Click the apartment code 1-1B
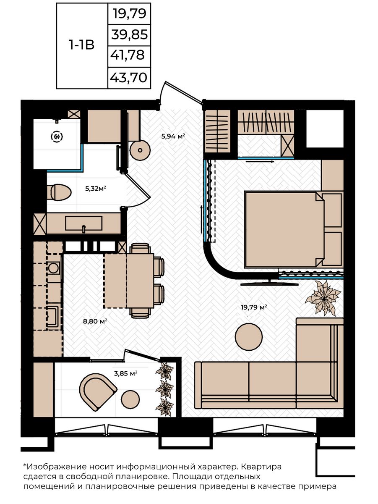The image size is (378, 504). (x=81, y=45)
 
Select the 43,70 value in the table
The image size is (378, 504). (x=129, y=77)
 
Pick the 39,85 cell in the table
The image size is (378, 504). (x=129, y=35)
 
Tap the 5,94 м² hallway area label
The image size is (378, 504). (x=173, y=136)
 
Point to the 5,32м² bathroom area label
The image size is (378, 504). (x=96, y=189)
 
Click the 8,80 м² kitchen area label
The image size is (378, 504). (x=95, y=321)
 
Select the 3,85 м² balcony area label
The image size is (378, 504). (x=126, y=373)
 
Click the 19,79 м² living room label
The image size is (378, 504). (x=254, y=307)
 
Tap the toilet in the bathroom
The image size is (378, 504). (x=59, y=192)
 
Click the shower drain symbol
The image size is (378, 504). (x=57, y=137)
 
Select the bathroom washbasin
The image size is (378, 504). (x=84, y=223)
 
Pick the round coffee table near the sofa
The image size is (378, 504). (x=249, y=337)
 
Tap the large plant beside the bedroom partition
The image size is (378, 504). (x=323, y=297)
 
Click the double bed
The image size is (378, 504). (x=284, y=230)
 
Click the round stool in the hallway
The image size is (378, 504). (x=140, y=150)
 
